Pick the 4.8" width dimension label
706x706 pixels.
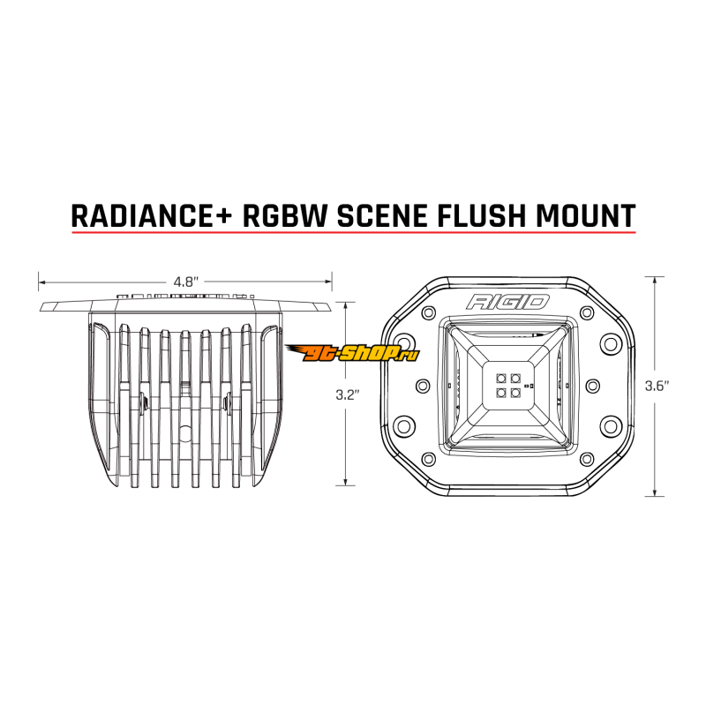(x=185, y=282)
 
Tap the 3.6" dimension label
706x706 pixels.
(x=657, y=386)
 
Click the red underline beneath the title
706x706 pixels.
(x=353, y=233)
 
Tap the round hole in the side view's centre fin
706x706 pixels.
(x=186, y=430)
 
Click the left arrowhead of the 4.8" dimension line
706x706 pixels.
(x=41, y=282)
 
